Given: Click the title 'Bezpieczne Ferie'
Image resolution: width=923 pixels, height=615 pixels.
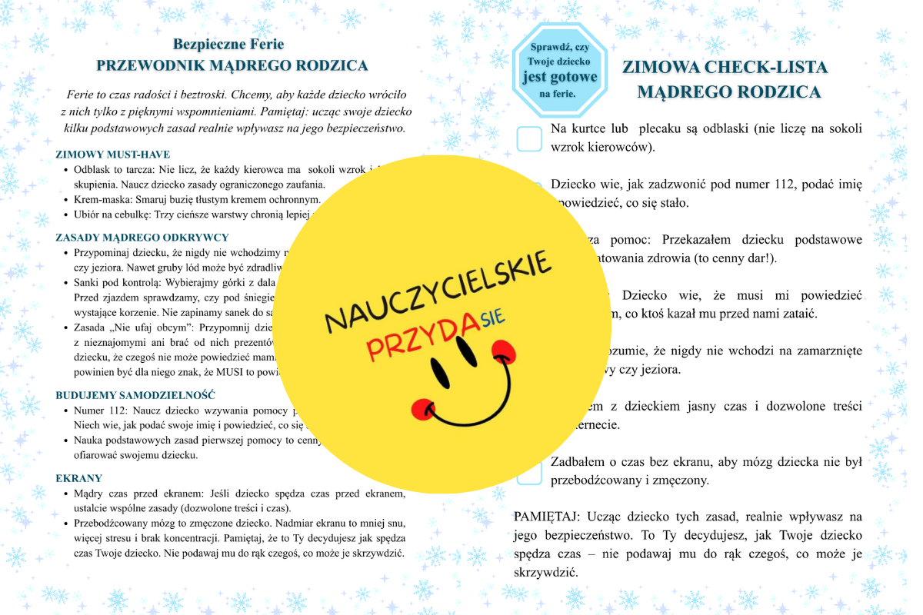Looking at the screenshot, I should point(228,45).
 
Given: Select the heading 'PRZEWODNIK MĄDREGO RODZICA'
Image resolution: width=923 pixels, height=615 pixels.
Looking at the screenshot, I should point(232,66).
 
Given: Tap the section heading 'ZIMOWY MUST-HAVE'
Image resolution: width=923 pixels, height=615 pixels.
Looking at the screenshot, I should point(112,155).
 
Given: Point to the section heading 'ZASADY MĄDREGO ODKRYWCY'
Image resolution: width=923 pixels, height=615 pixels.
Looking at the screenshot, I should point(142,238).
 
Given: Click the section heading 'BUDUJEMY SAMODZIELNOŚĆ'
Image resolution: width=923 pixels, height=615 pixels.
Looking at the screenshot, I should point(135,395).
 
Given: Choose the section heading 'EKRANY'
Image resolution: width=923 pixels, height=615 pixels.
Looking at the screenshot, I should point(78,478).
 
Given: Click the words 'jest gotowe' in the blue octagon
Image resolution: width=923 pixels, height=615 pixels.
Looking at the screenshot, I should point(559,77).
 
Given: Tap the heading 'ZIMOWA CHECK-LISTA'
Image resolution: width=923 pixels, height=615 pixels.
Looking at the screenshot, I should point(725,68).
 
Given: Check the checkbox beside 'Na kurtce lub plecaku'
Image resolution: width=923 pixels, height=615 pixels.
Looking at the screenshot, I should point(529,139).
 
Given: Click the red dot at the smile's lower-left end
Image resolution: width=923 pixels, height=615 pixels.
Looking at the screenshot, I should point(420,408).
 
